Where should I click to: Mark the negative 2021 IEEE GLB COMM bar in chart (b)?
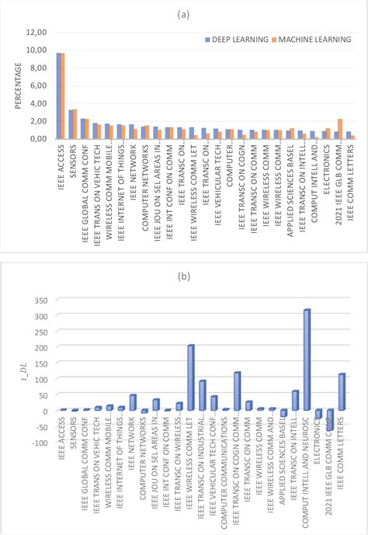[x=330, y=420]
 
